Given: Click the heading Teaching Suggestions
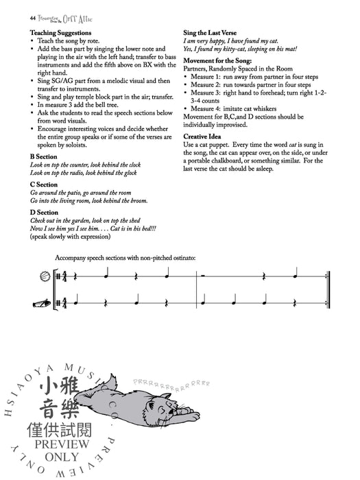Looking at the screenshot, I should coord(60,32).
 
